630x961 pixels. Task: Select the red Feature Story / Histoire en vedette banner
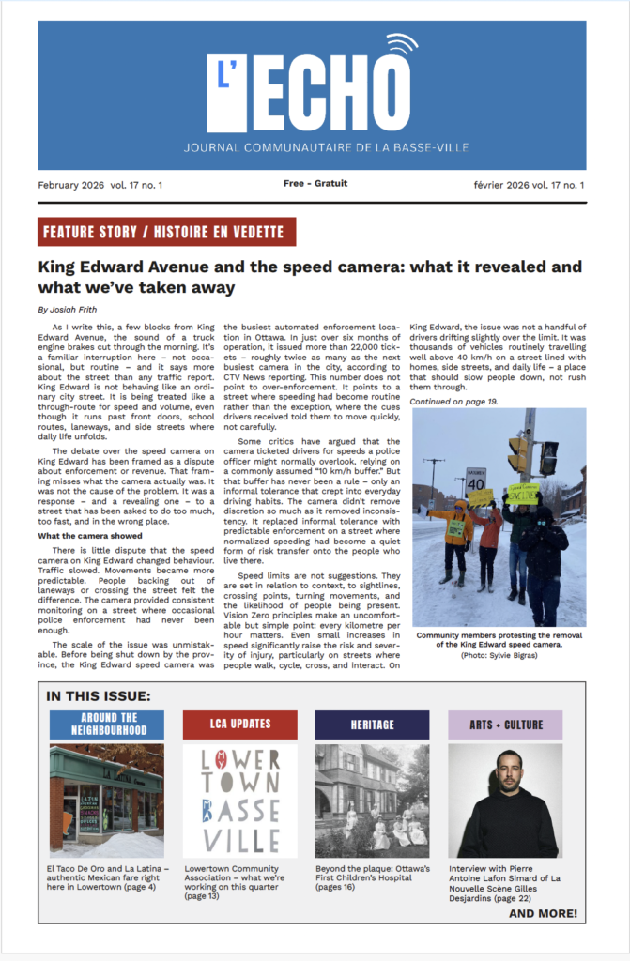point(167,232)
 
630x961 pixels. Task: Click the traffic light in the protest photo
point(518,454)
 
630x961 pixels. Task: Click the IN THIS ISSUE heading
point(98,696)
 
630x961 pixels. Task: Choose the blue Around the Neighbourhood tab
point(106,724)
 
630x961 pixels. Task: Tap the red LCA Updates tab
point(239,724)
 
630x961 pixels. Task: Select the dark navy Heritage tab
point(372,724)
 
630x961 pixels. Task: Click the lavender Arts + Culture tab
point(505,724)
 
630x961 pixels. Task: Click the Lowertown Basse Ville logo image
point(239,800)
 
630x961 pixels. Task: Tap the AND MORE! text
point(543,913)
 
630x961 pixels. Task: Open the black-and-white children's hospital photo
point(372,800)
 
